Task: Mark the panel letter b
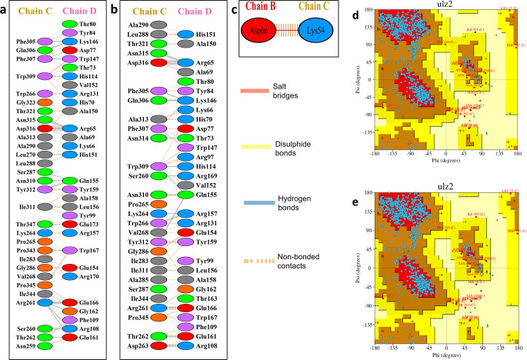(x=115, y=9)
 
